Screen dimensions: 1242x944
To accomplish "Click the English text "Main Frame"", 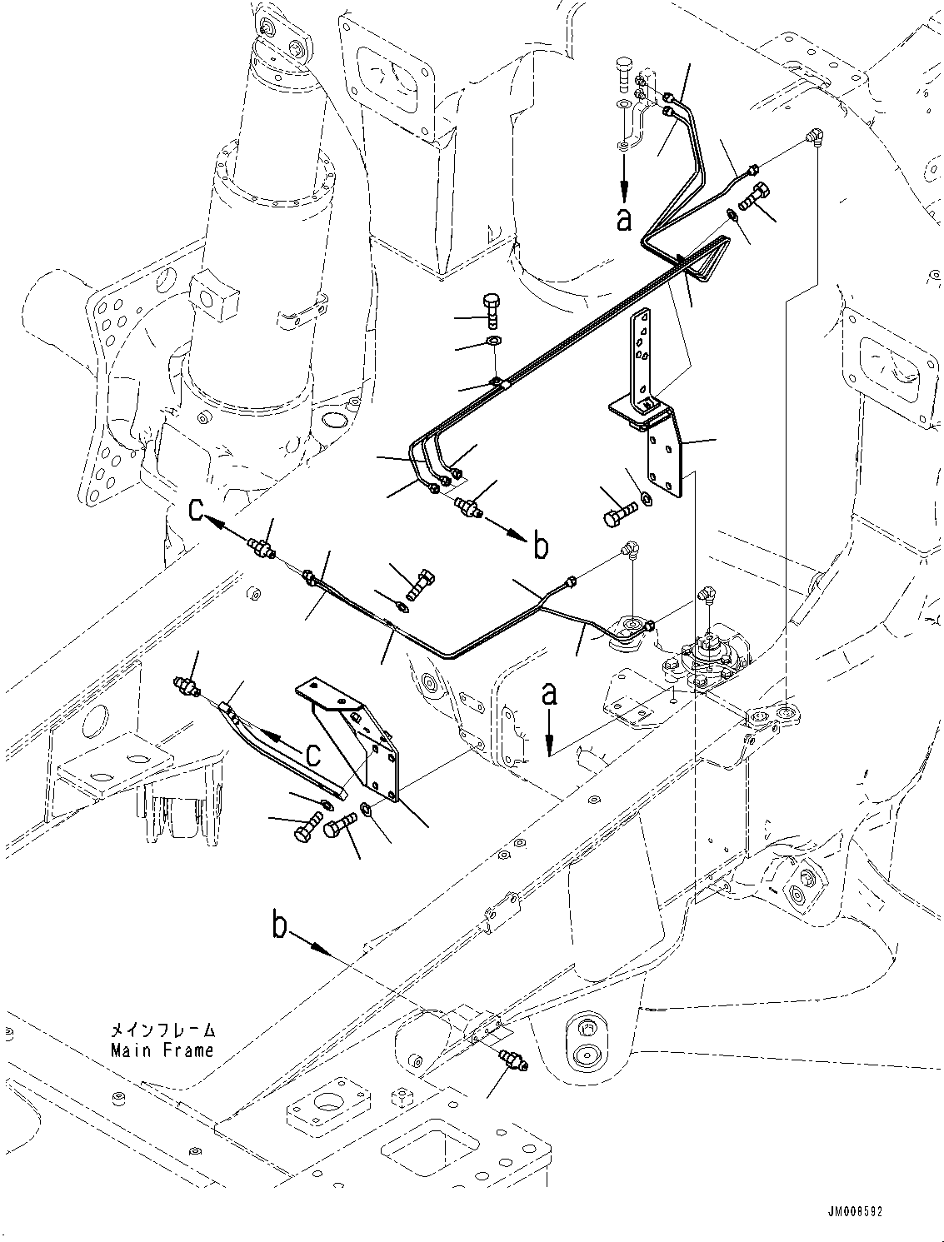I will (162, 1050).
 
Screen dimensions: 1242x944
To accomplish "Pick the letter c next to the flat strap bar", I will (312, 753).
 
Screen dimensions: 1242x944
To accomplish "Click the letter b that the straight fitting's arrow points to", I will (540, 546).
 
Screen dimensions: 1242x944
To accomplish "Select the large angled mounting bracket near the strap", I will (358, 741).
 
